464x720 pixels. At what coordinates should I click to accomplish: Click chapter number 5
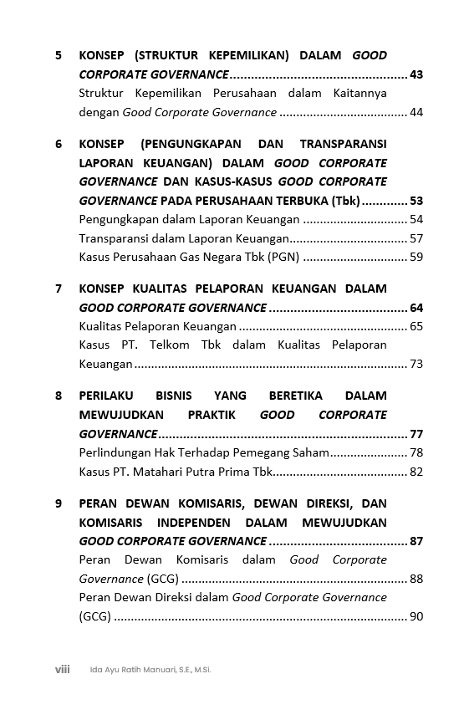pyautogui.click(x=59, y=56)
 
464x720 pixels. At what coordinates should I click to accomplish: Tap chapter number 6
pyautogui.click(x=59, y=144)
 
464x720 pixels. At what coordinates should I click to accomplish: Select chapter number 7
pyautogui.click(x=59, y=289)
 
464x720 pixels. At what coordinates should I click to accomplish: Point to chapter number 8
pyautogui.click(x=59, y=396)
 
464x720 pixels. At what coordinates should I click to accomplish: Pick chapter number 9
pyautogui.click(x=59, y=503)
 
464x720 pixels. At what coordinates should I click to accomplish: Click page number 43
pyautogui.click(x=416, y=74)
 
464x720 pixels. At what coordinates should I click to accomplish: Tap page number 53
pyautogui.click(x=416, y=201)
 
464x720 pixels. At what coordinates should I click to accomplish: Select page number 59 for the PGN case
pyautogui.click(x=416, y=257)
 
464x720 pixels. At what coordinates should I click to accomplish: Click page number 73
pyautogui.click(x=416, y=364)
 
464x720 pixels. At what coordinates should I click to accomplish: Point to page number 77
pyautogui.click(x=416, y=434)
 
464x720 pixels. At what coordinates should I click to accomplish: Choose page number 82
pyautogui.click(x=416, y=472)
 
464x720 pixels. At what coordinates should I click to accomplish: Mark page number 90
pyautogui.click(x=416, y=616)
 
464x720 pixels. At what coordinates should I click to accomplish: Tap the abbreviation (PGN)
pyautogui.click(x=283, y=257)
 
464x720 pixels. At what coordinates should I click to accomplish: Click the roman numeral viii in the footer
pyautogui.click(x=62, y=669)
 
